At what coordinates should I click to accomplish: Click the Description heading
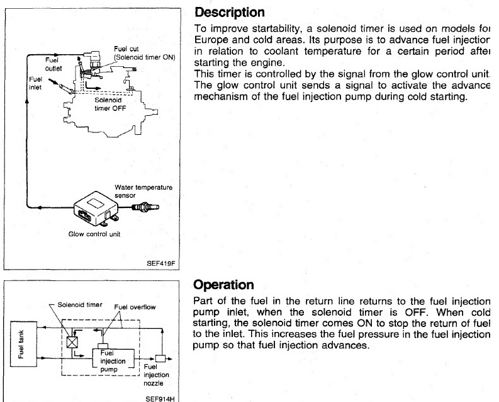pyautogui.click(x=230, y=13)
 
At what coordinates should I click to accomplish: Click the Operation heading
pyautogui.click(x=223, y=285)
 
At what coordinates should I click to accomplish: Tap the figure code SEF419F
pyautogui.click(x=160, y=264)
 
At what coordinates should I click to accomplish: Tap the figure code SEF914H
pyautogui.click(x=160, y=399)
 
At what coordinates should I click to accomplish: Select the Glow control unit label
pyautogui.click(x=94, y=234)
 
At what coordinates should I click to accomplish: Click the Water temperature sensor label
pyautogui.click(x=143, y=191)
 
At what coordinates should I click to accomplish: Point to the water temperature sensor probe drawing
pyautogui.click(x=145, y=207)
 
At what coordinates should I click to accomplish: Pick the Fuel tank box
pyautogui.click(x=23, y=344)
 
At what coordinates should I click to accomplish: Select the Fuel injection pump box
pyautogui.click(x=113, y=359)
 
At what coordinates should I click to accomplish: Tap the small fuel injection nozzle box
pyautogui.click(x=160, y=359)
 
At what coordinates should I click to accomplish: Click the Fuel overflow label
pyautogui.click(x=135, y=307)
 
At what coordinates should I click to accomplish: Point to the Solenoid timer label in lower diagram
pyautogui.click(x=80, y=305)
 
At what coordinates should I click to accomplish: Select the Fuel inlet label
pyautogui.click(x=35, y=83)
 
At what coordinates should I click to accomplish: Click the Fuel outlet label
pyautogui.click(x=53, y=64)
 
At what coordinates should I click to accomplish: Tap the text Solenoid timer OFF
pyautogui.click(x=110, y=104)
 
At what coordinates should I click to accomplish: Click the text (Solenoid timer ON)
pyautogui.click(x=145, y=57)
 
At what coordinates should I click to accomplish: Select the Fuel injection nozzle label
pyautogui.click(x=156, y=375)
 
